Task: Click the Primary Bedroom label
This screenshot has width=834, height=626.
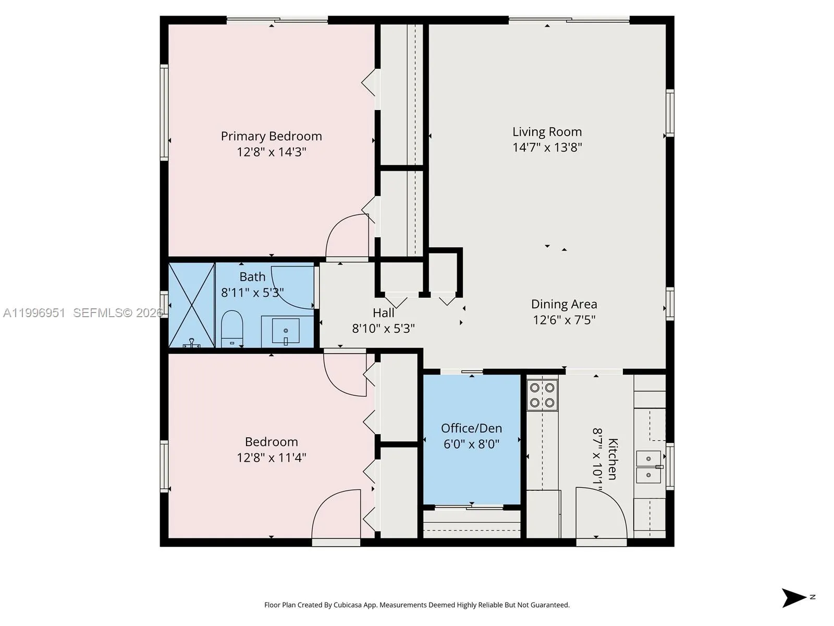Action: pyautogui.click(x=271, y=136)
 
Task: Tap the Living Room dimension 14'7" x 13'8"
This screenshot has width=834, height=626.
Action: pyautogui.click(x=547, y=148)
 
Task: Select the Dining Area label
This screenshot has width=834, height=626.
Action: pyautogui.click(x=564, y=304)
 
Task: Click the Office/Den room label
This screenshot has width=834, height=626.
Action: pyautogui.click(x=471, y=428)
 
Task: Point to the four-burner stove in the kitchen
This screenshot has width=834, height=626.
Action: pyautogui.click(x=542, y=395)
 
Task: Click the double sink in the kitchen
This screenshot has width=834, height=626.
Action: pyautogui.click(x=649, y=467)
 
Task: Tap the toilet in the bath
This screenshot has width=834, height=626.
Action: pyautogui.click(x=232, y=329)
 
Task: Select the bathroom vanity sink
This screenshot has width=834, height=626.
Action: pyautogui.click(x=286, y=331)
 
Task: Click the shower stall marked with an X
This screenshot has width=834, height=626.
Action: pyautogui.click(x=192, y=305)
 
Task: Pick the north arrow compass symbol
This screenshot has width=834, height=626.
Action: pyautogui.click(x=794, y=597)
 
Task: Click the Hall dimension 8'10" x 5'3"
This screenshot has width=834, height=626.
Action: pyautogui.click(x=383, y=329)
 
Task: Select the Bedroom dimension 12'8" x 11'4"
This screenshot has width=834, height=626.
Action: pyautogui.click(x=271, y=458)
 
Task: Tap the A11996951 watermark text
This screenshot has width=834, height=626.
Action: pyautogui.click(x=34, y=313)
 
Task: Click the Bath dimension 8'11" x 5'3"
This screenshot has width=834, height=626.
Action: pyautogui.click(x=252, y=293)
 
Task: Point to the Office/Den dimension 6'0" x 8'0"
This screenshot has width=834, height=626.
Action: pyautogui.click(x=471, y=444)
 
